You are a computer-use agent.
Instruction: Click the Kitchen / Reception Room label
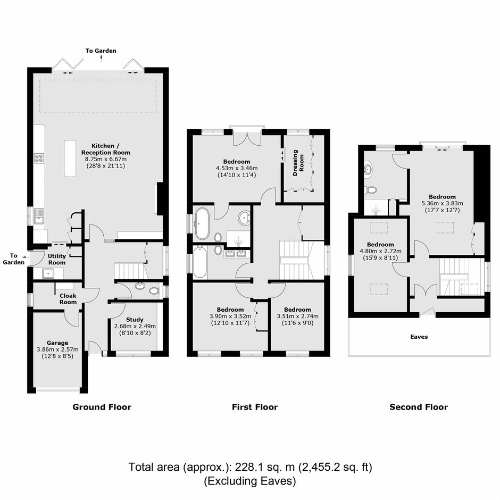[105, 149]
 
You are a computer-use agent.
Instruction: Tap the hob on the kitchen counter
[39, 158]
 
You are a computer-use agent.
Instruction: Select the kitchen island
[70, 158]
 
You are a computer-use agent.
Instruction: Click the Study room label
[135, 320]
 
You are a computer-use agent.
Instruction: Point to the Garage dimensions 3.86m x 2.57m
[57, 349]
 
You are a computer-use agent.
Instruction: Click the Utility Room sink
[48, 273]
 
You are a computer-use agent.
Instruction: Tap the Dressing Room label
[298, 163]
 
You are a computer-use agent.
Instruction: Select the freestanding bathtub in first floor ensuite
[203, 223]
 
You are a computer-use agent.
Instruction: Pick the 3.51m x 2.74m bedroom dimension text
[297, 316]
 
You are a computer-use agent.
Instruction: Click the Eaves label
[419, 337]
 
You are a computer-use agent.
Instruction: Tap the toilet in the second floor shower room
[370, 190]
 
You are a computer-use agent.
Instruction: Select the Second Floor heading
[419, 407]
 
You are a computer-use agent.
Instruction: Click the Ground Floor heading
[102, 407]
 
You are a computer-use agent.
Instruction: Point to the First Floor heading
[255, 407]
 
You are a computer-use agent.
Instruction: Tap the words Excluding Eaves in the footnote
[249, 481]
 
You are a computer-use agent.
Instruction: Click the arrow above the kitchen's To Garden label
[102, 59]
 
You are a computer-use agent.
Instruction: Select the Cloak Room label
[68, 299]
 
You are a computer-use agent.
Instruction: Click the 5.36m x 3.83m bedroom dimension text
[442, 203]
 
